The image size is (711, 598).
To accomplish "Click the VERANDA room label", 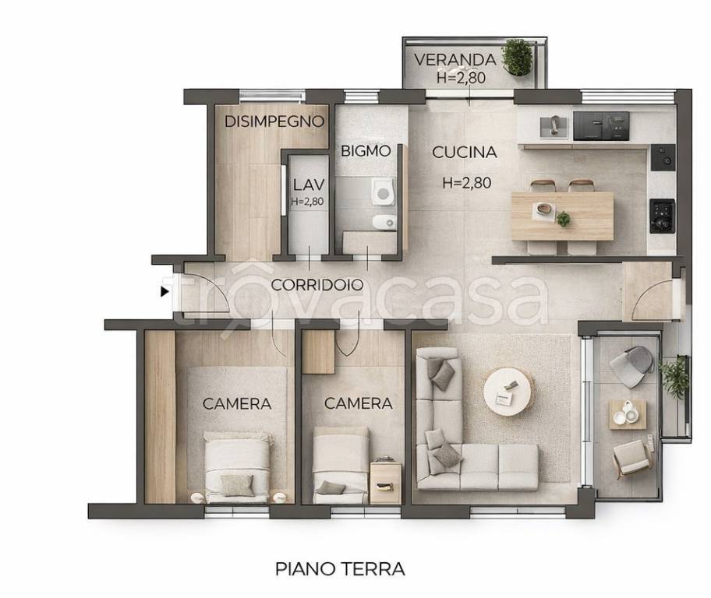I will tap(455, 59).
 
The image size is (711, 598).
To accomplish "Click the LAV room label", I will tap(307, 186).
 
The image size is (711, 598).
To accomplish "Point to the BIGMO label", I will tap(365, 151).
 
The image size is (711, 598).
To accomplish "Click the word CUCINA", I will tap(465, 153).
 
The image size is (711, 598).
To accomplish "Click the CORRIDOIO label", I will tap(317, 285).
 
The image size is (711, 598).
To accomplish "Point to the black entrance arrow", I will tap(164, 292).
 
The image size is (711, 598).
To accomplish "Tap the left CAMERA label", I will tap(237, 404).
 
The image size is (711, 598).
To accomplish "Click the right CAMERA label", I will tap(358, 404).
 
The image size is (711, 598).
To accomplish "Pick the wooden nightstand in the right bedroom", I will tap(385, 481).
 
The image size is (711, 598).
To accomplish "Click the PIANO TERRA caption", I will tap(340, 569).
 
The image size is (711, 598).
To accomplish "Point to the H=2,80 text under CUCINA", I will tap(466, 184).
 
